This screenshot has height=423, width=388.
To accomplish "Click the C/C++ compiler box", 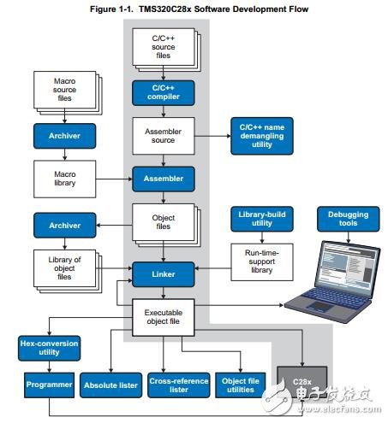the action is [164, 93].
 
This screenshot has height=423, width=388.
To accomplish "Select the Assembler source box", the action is [164, 136].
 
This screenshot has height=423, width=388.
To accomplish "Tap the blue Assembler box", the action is [164, 179].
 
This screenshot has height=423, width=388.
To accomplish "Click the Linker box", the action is [164, 274].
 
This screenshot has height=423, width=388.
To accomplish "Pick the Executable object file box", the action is [164, 317].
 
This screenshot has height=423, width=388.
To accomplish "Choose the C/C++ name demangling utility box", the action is [262, 136].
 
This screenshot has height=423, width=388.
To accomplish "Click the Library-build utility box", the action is [262, 219].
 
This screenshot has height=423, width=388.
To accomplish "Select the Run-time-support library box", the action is [262, 262].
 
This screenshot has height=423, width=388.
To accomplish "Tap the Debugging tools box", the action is [349, 219].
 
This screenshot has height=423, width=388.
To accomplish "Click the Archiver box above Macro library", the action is [64, 136].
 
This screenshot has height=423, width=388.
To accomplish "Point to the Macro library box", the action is [64, 179].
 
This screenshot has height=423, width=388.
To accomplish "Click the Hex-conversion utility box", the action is [49, 348].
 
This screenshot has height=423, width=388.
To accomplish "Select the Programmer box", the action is [49, 385].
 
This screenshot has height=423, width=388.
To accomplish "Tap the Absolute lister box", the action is [110, 385].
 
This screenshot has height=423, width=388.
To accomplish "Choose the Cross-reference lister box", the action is [179, 385].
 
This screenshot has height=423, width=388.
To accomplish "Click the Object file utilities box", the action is [241, 385].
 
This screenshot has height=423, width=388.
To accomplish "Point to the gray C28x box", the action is [302, 382].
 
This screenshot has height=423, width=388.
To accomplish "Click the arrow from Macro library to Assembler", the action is [114, 179].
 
